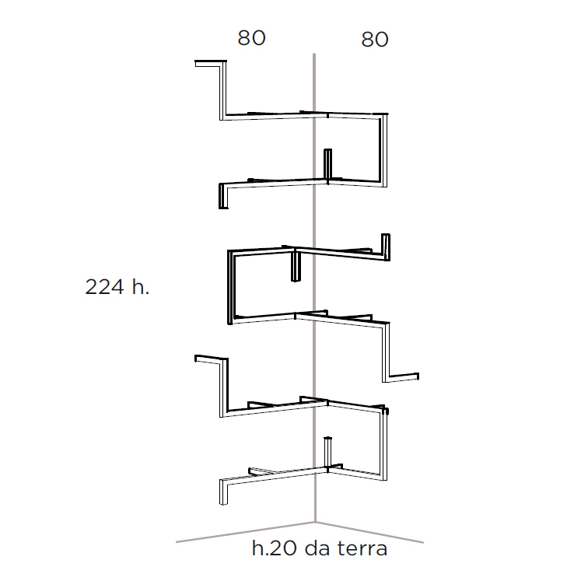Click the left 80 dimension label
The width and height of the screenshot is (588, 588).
coord(251,38)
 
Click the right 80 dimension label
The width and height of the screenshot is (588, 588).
coord(375,40)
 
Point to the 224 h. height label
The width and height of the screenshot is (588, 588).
coord(117,287)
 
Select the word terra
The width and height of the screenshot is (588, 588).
coord(362,548)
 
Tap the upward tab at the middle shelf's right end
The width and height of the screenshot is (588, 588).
coord(385,243)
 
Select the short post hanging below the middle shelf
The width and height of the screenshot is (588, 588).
coord(296,266)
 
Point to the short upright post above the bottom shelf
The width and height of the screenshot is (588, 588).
coord(328,451)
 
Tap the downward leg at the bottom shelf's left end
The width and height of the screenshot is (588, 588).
coord(222,492)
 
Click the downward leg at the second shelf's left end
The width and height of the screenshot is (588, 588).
coord(222,196)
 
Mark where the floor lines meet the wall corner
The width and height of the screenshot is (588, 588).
coord(314,521)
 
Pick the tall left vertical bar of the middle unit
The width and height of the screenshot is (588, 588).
coord(229,288)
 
